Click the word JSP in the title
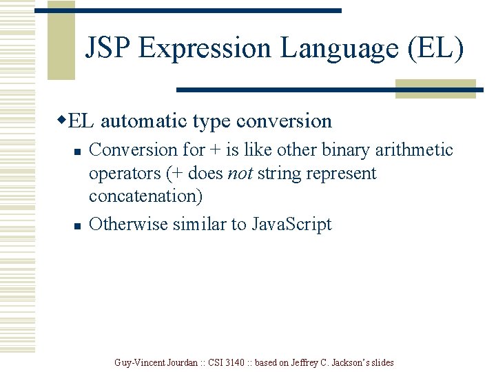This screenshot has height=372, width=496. [x=108, y=48]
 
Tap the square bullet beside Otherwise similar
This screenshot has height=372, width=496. [x=78, y=225]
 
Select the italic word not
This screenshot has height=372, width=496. [x=239, y=173]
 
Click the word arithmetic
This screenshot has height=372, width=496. [x=414, y=150]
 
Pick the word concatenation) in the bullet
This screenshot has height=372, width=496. [x=146, y=196]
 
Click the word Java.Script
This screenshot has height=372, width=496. [x=291, y=225]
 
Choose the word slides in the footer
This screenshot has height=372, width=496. [x=380, y=362]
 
